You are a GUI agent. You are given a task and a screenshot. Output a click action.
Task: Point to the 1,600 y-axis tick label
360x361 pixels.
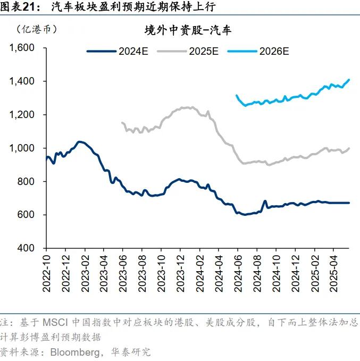pos(22,48)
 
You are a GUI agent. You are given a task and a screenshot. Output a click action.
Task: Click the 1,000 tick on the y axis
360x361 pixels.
pos(22,148)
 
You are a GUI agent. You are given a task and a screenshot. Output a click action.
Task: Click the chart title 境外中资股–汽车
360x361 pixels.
pos(188,30)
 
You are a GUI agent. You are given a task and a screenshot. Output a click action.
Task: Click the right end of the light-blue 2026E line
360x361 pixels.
pos(349,80)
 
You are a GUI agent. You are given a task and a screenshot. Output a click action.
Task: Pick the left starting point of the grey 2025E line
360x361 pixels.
pos(122,122)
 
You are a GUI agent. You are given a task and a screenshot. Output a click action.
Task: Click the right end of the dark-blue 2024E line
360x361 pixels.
pos(349,203)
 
